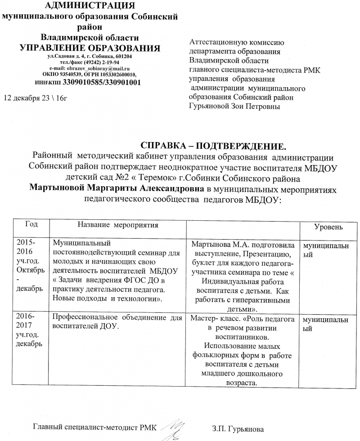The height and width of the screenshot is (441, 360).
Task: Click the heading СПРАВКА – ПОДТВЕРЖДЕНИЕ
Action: [x=214, y=146]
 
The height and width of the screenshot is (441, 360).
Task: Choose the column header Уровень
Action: [x=328, y=227]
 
